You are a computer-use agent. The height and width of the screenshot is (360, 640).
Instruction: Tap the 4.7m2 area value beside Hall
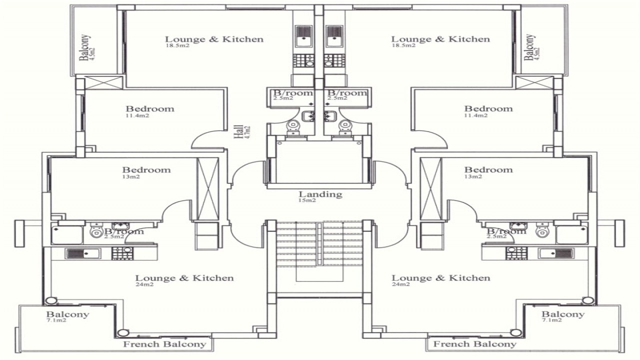pyautogui.click(x=247, y=131)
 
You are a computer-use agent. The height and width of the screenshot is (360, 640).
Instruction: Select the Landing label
pyautogui.click(x=320, y=194)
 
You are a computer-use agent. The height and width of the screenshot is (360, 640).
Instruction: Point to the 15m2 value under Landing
pyautogui.click(x=307, y=200)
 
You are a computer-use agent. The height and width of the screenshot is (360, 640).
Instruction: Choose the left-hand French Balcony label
pyautogui.click(x=164, y=344)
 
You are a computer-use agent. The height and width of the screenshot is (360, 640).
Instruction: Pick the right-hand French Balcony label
pyautogui.click(x=474, y=344)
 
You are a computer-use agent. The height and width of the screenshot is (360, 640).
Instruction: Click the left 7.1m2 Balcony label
pyautogui.click(x=67, y=314)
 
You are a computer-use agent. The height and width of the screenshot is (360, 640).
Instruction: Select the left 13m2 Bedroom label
pyautogui.click(x=146, y=170)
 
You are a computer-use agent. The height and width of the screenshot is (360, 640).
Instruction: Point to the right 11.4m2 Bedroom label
pyautogui.click(x=488, y=109)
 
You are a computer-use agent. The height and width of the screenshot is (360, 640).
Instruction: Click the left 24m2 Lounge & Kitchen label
pyautogui.click(x=184, y=278)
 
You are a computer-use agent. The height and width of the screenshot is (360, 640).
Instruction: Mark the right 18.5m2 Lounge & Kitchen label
pyautogui.click(x=440, y=39)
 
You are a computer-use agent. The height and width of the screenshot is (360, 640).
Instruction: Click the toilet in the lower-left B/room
pyautogui.click(x=96, y=232)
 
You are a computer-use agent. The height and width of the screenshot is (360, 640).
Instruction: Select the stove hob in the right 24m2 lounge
pyautogui.click(x=515, y=253)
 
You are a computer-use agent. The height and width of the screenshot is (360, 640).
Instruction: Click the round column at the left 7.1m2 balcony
pyautogui.click(x=50, y=300)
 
